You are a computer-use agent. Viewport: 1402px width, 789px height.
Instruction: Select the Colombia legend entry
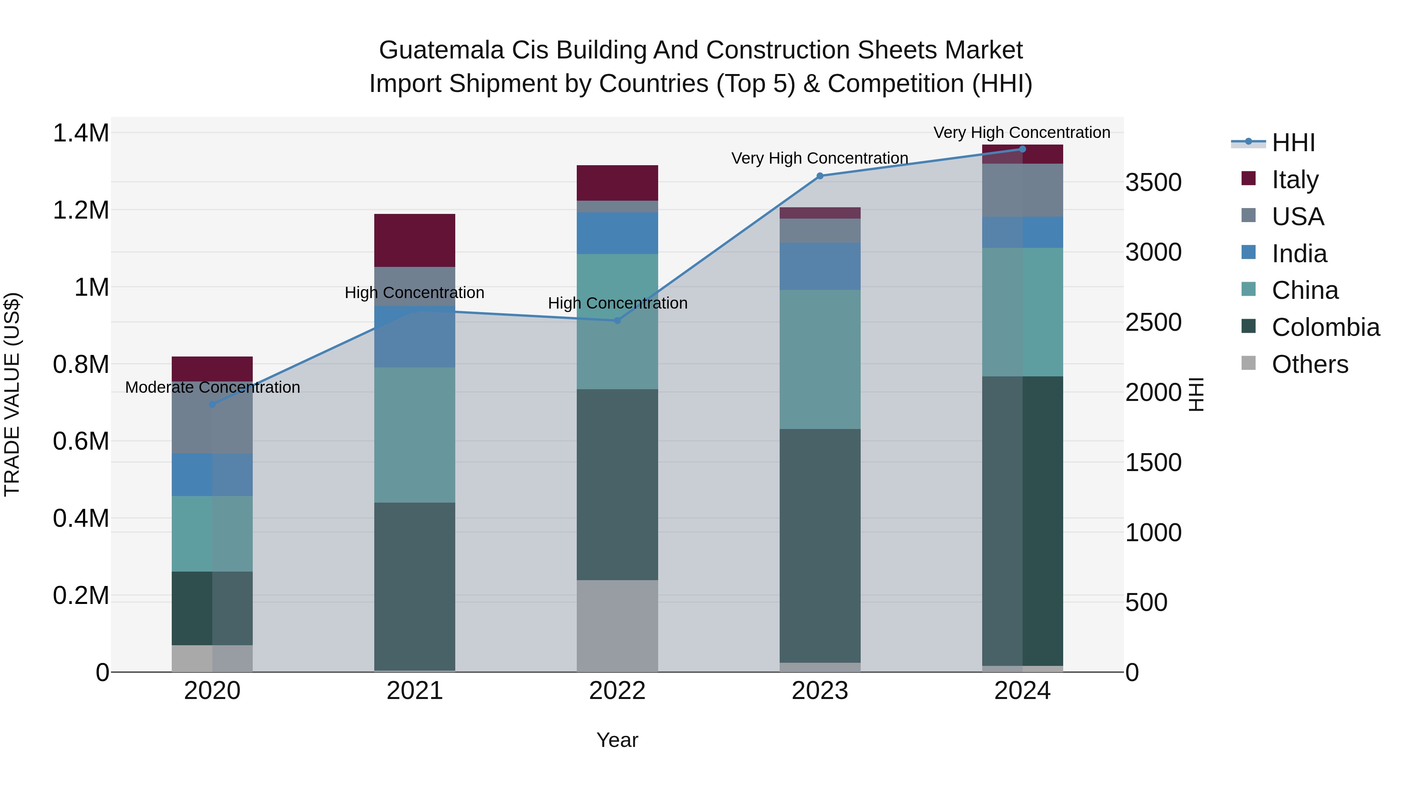point(1325,327)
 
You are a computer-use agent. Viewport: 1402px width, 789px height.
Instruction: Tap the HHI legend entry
point(1293,143)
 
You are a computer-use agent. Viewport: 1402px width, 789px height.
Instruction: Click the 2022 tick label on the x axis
point(617,691)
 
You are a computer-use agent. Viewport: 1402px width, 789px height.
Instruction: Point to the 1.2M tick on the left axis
point(81,210)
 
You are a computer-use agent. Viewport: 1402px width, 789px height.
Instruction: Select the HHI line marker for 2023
point(820,176)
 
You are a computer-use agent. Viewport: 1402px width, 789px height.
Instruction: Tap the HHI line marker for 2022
point(617,321)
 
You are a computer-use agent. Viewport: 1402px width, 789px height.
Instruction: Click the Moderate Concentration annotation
point(212,387)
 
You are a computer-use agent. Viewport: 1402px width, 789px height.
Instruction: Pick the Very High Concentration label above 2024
point(1022,132)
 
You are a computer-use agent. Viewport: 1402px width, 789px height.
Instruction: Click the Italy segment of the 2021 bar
point(414,240)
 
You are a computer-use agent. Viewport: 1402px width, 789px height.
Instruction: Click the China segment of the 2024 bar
point(1022,312)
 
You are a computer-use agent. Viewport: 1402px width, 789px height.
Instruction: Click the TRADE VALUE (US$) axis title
point(12,394)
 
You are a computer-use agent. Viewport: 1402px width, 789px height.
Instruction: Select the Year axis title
point(617,740)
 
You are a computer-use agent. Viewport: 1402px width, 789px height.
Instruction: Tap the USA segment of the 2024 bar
point(1022,190)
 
